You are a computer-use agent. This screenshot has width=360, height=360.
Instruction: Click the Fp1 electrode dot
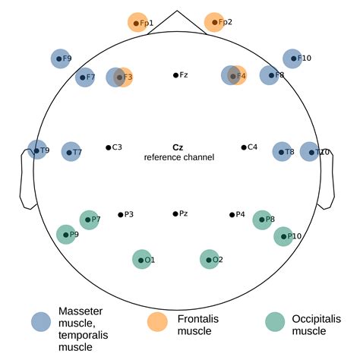click(137, 24)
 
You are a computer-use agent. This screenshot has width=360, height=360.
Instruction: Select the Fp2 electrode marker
click(215, 23)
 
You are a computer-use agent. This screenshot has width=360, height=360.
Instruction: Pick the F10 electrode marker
click(292, 58)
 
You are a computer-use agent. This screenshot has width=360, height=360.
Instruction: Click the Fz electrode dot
click(175, 75)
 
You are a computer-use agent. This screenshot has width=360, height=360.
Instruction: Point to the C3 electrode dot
click(109, 147)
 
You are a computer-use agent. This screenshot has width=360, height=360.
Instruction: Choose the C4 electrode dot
click(244, 147)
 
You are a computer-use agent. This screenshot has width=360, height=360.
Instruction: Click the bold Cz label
click(178, 147)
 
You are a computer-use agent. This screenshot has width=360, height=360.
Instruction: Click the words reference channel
click(179, 157)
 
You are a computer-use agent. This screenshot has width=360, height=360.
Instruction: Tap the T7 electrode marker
click(71, 153)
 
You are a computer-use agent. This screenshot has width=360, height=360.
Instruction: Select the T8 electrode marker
click(282, 152)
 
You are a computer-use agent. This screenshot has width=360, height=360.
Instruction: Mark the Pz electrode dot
click(175, 214)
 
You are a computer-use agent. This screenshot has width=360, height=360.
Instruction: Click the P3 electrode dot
click(120, 215)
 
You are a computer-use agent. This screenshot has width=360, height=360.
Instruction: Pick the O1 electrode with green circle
click(141, 260)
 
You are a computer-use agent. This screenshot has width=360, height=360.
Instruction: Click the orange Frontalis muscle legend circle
click(157, 321)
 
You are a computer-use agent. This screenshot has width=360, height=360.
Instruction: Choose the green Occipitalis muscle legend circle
click(275, 321)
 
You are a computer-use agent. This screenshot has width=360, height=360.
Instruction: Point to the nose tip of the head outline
click(176, 11)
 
